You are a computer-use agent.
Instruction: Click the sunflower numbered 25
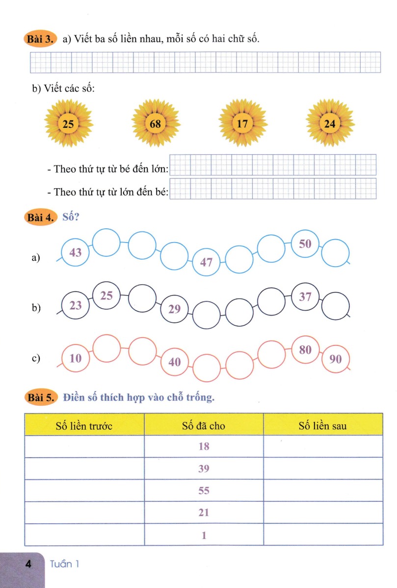point(68,123)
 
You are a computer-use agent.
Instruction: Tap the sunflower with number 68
point(156,123)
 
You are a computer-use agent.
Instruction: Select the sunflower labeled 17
point(242,123)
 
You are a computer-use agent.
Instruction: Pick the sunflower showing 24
point(330,123)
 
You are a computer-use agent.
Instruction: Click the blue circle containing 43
point(76,253)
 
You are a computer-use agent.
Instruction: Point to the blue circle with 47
point(206,262)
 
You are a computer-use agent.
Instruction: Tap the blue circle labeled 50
point(305,244)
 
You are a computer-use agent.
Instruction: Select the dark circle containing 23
point(76,305)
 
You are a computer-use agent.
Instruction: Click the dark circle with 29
point(175,309)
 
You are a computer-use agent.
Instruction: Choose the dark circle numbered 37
point(305,296)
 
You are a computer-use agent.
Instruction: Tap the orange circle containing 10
point(76,358)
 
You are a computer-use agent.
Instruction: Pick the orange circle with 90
point(336,359)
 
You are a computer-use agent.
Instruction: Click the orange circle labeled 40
point(175,362)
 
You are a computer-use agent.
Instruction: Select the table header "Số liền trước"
point(84,426)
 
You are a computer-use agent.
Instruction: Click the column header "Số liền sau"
point(323,426)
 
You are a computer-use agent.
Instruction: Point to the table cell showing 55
point(204,490)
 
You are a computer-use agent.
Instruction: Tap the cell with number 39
point(204,468)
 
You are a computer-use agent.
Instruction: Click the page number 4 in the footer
point(28,564)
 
